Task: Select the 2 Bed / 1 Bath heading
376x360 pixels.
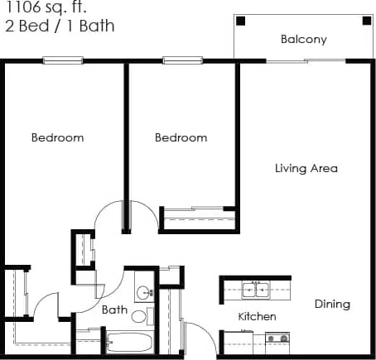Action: click(x=57, y=26)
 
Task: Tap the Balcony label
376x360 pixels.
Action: click(x=303, y=39)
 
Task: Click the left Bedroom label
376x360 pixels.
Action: click(x=57, y=137)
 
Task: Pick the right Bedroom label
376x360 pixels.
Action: click(x=181, y=137)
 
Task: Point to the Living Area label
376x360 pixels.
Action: click(x=306, y=168)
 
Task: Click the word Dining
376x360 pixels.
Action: click(x=332, y=304)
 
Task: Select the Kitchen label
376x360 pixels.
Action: click(x=257, y=317)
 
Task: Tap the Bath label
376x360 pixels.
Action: click(x=114, y=310)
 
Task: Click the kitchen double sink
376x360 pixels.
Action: click(x=255, y=290)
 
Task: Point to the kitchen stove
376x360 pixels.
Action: click(x=277, y=338)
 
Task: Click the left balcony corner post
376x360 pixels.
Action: click(x=241, y=21)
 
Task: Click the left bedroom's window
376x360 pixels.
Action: click(x=64, y=60)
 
